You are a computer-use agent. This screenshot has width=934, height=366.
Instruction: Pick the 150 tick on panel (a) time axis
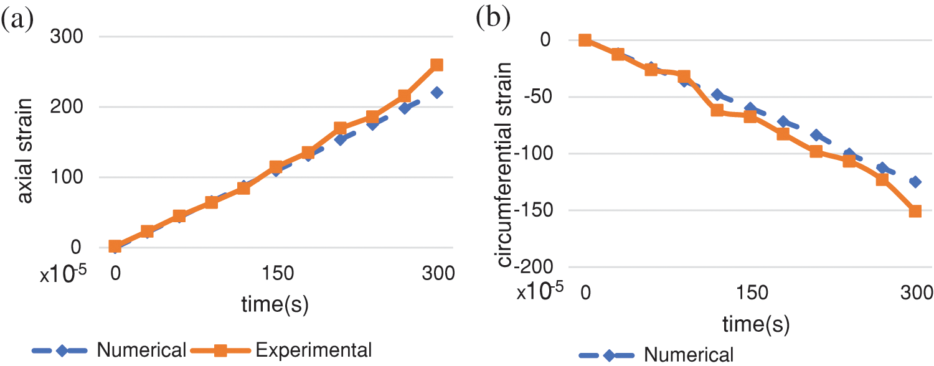[274, 274]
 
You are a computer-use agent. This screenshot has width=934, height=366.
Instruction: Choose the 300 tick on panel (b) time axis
[915, 292]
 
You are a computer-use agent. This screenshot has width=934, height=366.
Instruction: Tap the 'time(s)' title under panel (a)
[275, 305]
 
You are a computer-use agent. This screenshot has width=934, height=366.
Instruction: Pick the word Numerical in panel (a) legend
[141, 350]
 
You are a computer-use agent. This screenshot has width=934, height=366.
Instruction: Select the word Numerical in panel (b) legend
[689, 355]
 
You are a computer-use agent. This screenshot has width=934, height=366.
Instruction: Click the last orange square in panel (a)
[436, 65]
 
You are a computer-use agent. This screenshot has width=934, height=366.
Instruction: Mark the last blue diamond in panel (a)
[436, 93]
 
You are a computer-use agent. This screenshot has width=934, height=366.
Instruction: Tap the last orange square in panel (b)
[915, 211]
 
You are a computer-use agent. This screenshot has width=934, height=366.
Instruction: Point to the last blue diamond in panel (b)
[915, 182]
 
